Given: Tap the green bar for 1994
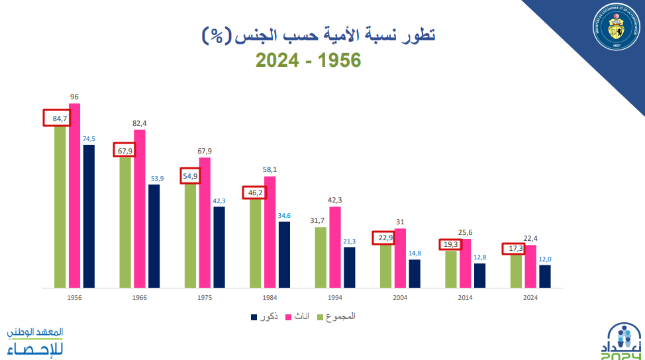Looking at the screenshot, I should point(321,257).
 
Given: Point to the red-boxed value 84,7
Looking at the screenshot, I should point(56,118).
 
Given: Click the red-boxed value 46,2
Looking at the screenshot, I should point(255,193).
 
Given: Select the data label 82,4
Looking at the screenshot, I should point(140,123).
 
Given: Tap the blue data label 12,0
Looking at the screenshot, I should point(545,259).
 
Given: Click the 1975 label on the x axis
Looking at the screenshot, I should point(205,298).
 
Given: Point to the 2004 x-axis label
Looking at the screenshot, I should point(400,298).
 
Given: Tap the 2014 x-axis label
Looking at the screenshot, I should point(466,298).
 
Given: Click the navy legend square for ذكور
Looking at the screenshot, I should point(254,317).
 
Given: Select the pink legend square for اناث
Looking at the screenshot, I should point(289,317).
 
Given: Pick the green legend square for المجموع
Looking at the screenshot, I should point(322,317).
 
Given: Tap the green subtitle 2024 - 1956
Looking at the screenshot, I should point(309,60).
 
